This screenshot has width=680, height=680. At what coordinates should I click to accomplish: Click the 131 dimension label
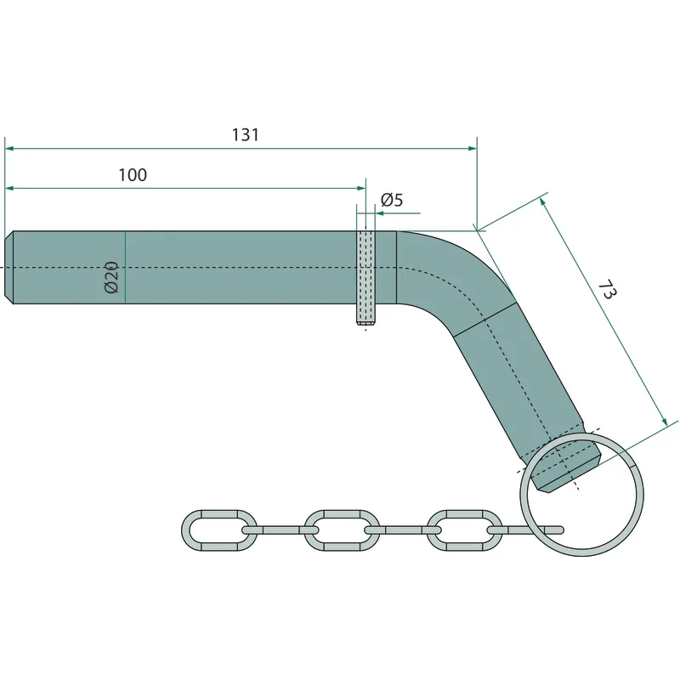246,135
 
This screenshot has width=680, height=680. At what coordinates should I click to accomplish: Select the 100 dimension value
133,175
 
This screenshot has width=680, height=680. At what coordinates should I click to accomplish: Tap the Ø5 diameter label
392,200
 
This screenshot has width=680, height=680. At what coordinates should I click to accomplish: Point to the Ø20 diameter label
111,277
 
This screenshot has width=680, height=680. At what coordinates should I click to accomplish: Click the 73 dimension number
607,290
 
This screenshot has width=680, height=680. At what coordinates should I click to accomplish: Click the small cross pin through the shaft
366,278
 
